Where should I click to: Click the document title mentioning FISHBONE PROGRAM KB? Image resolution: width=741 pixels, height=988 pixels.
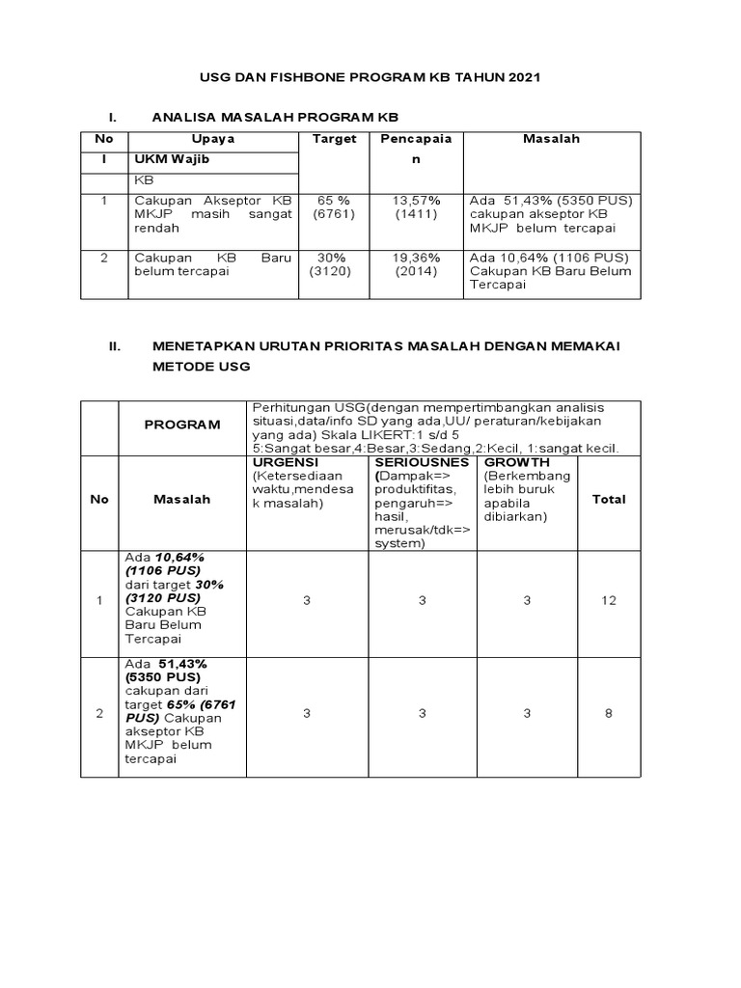click(370, 77)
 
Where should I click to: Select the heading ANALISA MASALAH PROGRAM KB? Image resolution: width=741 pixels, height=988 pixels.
click(275, 117)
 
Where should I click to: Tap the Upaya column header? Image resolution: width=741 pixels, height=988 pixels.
click(213, 139)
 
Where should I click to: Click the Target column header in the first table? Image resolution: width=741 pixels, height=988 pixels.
click(334, 139)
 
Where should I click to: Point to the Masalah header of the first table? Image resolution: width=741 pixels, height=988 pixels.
click(551, 139)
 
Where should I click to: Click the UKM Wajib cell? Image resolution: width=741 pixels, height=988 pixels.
click(171, 159)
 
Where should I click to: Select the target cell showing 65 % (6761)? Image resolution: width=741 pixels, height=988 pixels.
click(334, 207)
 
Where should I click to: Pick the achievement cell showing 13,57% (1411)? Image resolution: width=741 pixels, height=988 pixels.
click(416, 207)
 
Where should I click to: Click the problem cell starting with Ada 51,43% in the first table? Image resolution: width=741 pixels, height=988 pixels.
click(550, 214)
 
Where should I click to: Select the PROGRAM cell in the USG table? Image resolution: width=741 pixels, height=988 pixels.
click(182, 425)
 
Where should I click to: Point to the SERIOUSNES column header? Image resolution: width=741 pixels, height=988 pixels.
click(421, 463)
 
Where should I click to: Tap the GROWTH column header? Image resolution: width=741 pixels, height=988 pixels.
click(517, 463)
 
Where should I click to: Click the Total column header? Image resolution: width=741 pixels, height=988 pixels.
click(609, 499)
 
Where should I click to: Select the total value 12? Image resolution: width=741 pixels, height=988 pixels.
click(609, 601)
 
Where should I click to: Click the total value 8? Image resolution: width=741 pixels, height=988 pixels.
click(609, 714)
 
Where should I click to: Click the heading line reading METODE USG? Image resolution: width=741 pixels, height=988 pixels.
click(201, 367)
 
